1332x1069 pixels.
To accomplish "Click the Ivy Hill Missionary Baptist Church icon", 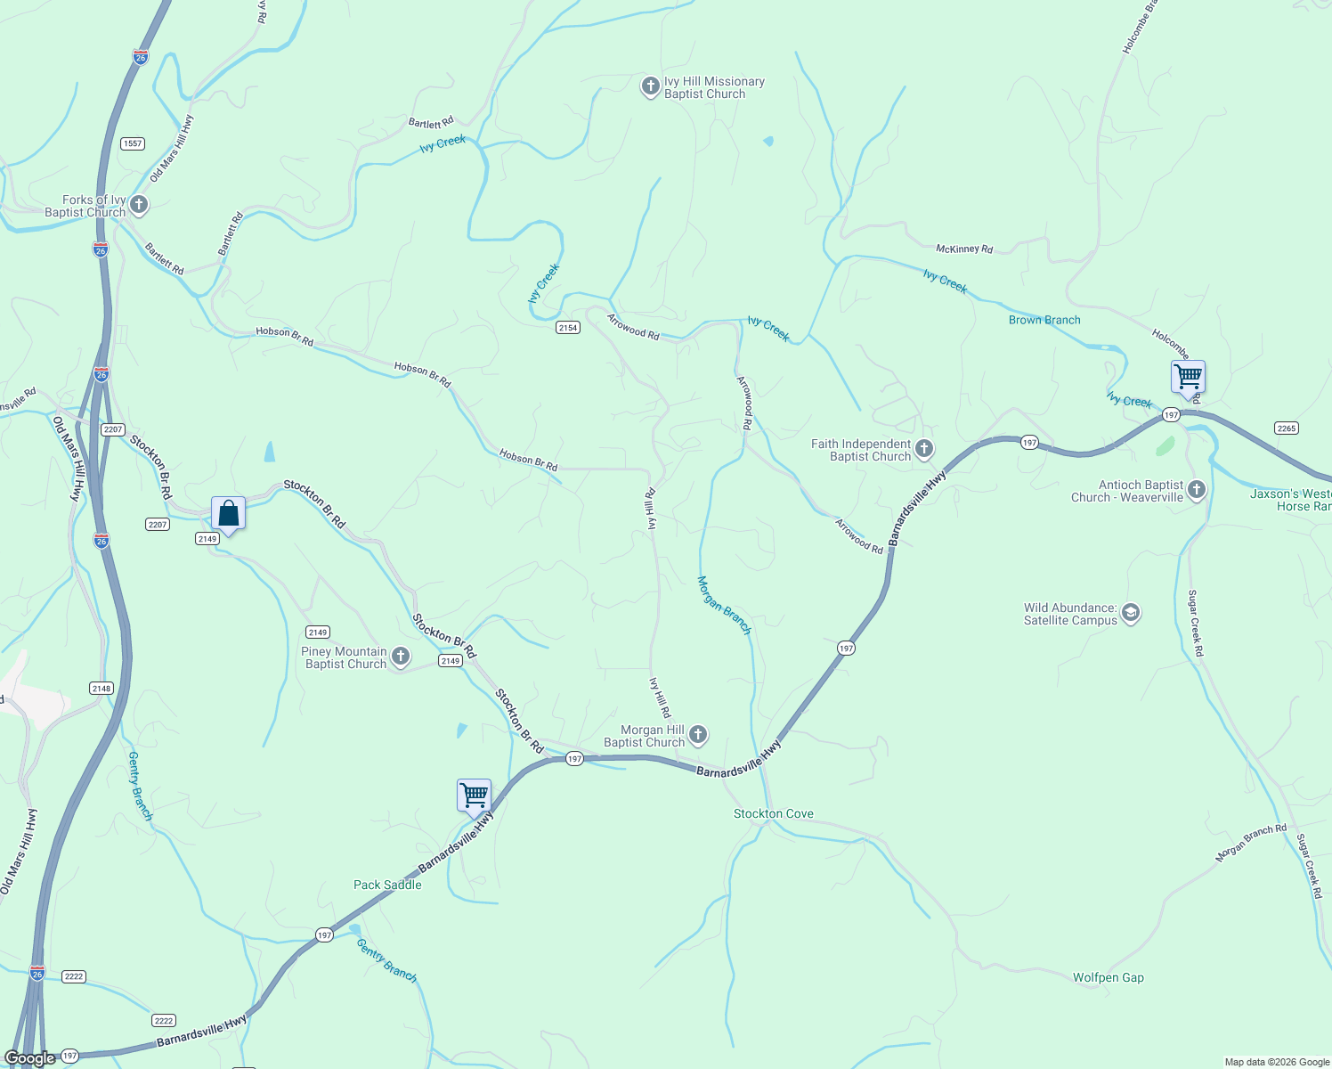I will click(x=650, y=86).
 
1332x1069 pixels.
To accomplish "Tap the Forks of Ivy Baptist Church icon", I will click(x=139, y=206).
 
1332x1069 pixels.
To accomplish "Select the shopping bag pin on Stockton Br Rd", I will click(x=229, y=514).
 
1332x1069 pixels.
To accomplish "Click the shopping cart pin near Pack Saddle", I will click(x=474, y=795).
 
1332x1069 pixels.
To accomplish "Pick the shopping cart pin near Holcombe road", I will click(x=1188, y=377).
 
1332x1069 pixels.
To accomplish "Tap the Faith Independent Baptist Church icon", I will click(x=924, y=449).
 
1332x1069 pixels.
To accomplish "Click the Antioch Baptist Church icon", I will click(x=1197, y=490).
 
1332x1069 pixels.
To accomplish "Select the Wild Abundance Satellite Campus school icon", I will click(x=1131, y=613).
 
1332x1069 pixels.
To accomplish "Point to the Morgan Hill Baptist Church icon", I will click(x=698, y=735).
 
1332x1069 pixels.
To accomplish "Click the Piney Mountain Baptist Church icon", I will click(x=401, y=657).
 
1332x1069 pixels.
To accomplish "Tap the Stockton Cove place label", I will click(x=773, y=813).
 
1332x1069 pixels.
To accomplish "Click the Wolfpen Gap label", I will click(x=1108, y=977).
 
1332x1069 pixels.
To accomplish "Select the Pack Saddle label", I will click(x=387, y=885).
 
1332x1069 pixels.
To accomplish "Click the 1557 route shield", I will click(x=133, y=143).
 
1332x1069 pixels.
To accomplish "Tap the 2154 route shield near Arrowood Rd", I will click(x=568, y=328).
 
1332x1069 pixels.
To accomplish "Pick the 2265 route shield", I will click(x=1287, y=428).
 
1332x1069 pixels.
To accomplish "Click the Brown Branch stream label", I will click(x=1044, y=320).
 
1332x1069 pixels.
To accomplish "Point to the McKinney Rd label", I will click(x=964, y=249).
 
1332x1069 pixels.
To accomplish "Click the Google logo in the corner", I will click(x=30, y=1058).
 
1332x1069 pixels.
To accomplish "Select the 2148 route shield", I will click(x=102, y=688).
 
